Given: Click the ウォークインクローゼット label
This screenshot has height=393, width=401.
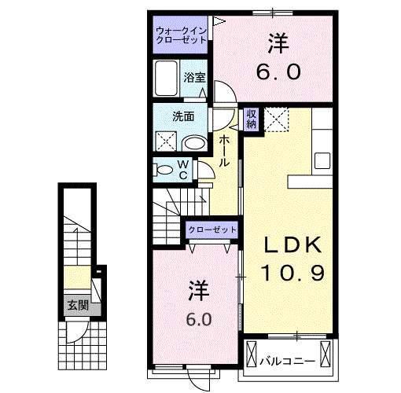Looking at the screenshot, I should (x=182, y=35).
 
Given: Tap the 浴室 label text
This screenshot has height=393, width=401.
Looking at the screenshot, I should (x=195, y=77).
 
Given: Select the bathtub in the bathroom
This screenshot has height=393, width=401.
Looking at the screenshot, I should (x=167, y=79).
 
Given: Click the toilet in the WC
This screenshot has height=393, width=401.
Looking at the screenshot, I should (x=164, y=169).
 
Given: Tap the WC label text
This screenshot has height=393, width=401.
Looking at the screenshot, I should (x=182, y=169).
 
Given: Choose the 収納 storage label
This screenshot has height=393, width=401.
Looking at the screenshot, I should (x=251, y=119).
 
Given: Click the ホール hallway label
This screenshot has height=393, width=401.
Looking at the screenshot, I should (x=224, y=149).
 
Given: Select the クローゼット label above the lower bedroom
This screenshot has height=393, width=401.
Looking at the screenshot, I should (x=212, y=229).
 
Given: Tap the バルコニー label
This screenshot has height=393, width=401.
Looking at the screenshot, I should (x=288, y=362).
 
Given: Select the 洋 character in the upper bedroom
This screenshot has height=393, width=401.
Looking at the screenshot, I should (x=277, y=41).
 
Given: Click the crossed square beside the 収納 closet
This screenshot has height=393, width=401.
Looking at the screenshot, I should (x=274, y=119).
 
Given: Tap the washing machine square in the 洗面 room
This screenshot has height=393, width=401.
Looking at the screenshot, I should (x=166, y=142).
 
